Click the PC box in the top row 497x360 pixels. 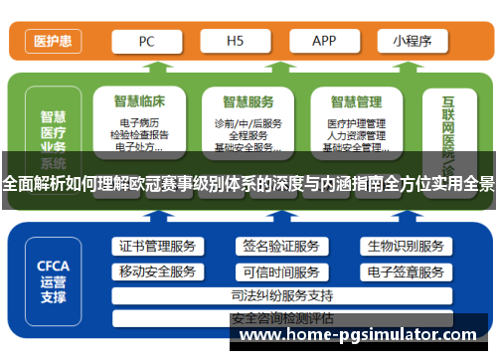pyautogui.click(x=146, y=42)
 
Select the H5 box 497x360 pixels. pyautogui.click(x=236, y=42)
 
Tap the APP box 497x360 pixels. pyautogui.click(x=324, y=42)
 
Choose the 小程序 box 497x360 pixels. pyautogui.click(x=411, y=42)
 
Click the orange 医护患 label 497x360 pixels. pyautogui.click(x=52, y=42)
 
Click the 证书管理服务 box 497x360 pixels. pyautogui.click(x=158, y=247)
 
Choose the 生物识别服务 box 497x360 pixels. pyautogui.click(x=405, y=247)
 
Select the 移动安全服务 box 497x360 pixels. pyautogui.click(x=158, y=271)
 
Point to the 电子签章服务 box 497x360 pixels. pyautogui.click(x=405, y=271)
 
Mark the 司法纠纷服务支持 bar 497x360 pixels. pyautogui.click(x=281, y=295)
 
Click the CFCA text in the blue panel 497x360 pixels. pyautogui.click(x=53, y=266)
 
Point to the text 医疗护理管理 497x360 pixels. pyautogui.click(x=356, y=123)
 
